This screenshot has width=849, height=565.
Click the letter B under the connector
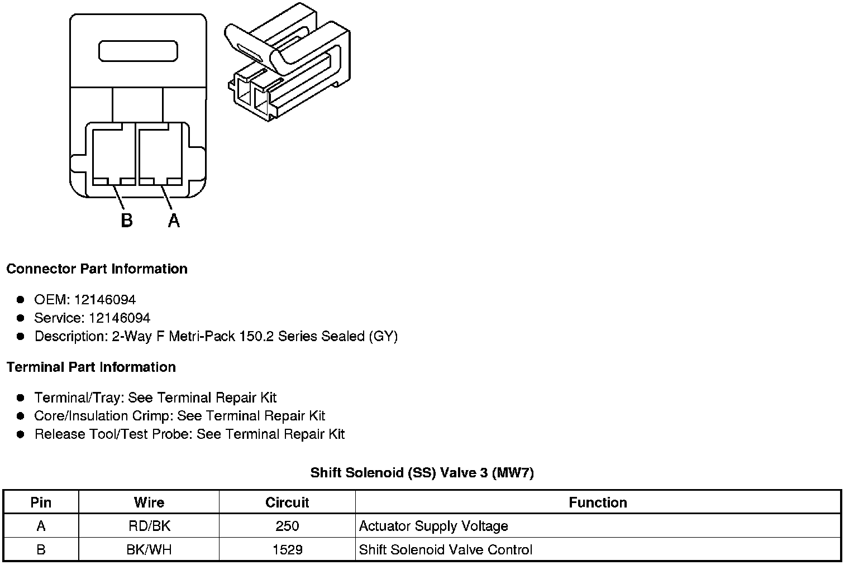(127, 221)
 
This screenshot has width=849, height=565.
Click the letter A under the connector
(174, 221)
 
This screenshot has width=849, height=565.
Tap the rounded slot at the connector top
(138, 51)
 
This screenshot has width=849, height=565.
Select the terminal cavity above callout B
(113, 155)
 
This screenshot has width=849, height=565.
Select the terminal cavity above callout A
(160, 155)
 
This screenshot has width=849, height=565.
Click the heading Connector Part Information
(97, 269)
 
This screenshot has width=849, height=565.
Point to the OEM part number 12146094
(104, 300)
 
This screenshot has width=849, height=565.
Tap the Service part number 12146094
(119, 318)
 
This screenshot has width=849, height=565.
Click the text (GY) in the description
(383, 337)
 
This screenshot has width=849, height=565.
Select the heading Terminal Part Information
(91, 367)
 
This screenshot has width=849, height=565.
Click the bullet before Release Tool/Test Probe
(21, 434)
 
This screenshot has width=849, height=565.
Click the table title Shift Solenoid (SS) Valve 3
(422, 473)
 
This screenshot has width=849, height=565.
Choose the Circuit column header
(287, 502)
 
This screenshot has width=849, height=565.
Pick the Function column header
(598, 502)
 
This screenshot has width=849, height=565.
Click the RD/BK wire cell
(149, 526)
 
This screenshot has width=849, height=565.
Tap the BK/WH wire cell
(149, 549)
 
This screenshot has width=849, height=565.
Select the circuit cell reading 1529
(287, 549)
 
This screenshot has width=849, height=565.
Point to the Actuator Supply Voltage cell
(433, 526)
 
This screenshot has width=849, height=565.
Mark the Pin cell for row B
(41, 549)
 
